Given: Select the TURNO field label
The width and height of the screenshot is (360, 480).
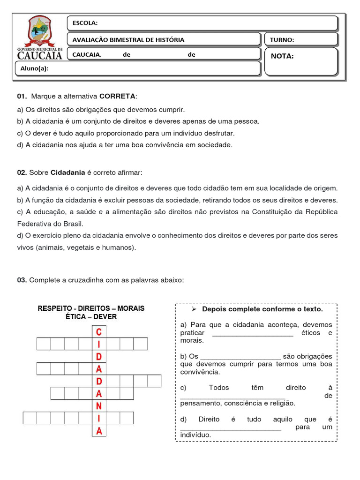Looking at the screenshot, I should [282, 40].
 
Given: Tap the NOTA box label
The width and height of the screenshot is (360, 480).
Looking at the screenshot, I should [282, 56].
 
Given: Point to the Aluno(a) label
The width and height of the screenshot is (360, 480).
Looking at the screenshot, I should [34, 68].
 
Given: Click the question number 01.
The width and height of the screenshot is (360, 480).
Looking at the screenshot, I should [22, 96].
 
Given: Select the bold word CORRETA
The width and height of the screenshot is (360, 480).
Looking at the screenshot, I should [117, 96].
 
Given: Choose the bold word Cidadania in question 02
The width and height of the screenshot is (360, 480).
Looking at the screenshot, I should [67, 172].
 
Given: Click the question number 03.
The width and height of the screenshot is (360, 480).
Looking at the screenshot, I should [22, 280].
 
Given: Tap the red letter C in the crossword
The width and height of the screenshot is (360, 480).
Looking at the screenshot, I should [98, 332].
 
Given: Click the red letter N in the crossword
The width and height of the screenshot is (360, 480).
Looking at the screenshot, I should [99, 406].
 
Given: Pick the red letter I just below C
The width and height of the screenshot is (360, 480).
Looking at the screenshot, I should [99, 345].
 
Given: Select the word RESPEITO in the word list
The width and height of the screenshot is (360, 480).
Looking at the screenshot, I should [55, 308].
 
